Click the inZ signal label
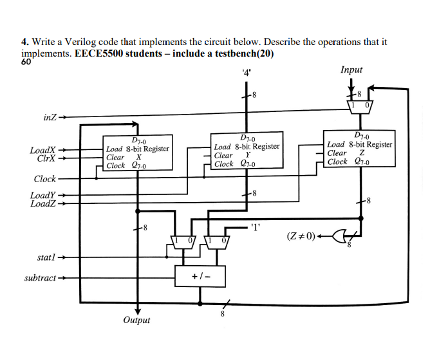click(x=49, y=118)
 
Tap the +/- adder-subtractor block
click(x=200, y=276)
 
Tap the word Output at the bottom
click(x=136, y=320)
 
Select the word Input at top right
click(x=351, y=70)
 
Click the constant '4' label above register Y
click(x=245, y=71)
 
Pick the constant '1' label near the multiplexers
click(x=256, y=227)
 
